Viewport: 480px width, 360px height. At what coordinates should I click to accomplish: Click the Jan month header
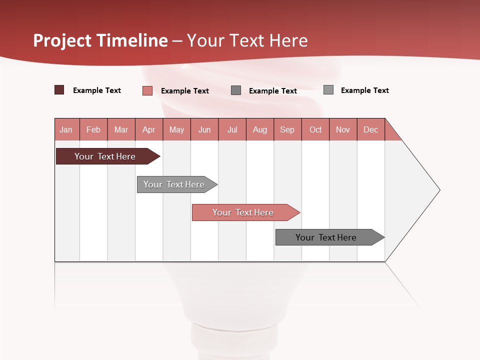tap(66, 129)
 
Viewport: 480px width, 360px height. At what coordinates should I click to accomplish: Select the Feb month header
tap(93, 129)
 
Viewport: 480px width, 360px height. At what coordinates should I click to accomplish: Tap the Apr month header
tap(149, 129)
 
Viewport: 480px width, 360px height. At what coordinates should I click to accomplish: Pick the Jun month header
tap(204, 129)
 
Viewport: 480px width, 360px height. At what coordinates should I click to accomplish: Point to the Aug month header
tap(260, 129)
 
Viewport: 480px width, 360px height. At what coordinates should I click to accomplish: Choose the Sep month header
tap(287, 129)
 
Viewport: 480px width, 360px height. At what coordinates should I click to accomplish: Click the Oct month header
tap(315, 129)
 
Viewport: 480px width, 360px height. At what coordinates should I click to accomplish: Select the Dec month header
tap(371, 129)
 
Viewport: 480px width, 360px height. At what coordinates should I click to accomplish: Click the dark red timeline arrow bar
tap(105, 156)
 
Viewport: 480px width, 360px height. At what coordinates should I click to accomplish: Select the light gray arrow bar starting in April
tap(174, 184)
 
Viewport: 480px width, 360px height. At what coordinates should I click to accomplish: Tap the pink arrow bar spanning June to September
tap(243, 212)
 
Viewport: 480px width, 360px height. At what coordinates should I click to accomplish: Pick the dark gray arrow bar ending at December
tap(326, 237)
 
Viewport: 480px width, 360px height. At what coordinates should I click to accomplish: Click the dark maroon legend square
tap(59, 90)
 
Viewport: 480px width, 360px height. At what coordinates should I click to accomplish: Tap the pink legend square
tap(147, 90)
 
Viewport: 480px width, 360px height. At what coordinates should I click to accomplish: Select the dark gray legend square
tap(236, 90)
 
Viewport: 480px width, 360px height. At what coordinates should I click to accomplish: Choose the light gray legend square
tap(328, 89)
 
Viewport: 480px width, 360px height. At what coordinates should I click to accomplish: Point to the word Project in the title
tap(61, 40)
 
